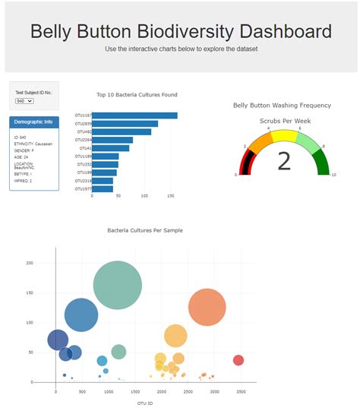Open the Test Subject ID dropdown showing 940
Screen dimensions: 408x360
24,100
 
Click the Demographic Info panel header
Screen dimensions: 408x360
33,122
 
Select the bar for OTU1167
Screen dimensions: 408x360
134,115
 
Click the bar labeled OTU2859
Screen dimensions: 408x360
125,124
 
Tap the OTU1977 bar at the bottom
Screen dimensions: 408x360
102,188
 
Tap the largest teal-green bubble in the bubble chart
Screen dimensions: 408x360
117,285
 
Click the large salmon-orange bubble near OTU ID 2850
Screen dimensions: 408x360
207,307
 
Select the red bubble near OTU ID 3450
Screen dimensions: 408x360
238,360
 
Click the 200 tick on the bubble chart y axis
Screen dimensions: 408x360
29,263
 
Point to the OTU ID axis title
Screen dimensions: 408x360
144,402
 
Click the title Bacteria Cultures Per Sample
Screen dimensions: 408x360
144,230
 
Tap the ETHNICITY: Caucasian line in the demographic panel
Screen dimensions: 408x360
33,144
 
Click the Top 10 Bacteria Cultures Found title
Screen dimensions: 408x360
137,95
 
